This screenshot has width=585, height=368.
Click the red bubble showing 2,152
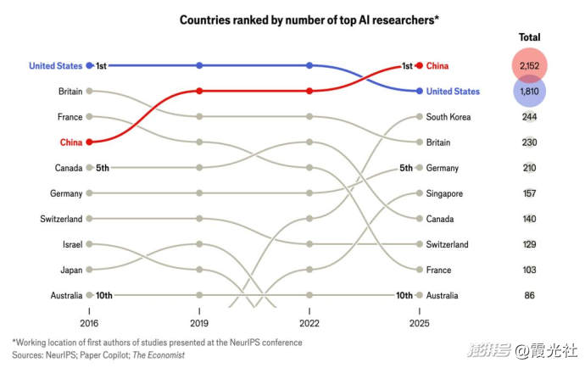pos(529,65)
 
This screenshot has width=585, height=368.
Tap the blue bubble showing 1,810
pos(529,92)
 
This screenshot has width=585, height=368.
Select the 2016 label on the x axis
pos(89,323)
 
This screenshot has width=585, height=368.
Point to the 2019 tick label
pos(199,323)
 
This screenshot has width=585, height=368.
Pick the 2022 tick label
pos(309,323)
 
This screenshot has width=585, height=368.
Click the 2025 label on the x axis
pos(419,323)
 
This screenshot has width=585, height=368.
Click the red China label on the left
pos(71,142)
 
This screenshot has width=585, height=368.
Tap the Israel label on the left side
pos(71,244)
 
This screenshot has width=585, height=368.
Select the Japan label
pos(70,270)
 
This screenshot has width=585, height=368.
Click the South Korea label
pos(448,117)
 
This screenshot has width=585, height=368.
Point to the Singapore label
pos(445,193)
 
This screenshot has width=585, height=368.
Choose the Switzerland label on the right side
pos(448,244)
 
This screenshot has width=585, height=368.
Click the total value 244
pos(529,117)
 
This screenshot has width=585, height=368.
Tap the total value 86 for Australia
pos(529,295)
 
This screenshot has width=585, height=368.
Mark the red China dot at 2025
pos(419,65)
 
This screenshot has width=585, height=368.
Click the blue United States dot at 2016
pos(89,65)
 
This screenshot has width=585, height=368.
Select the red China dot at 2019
pos(199,91)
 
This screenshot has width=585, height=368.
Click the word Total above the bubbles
pos(529,37)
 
